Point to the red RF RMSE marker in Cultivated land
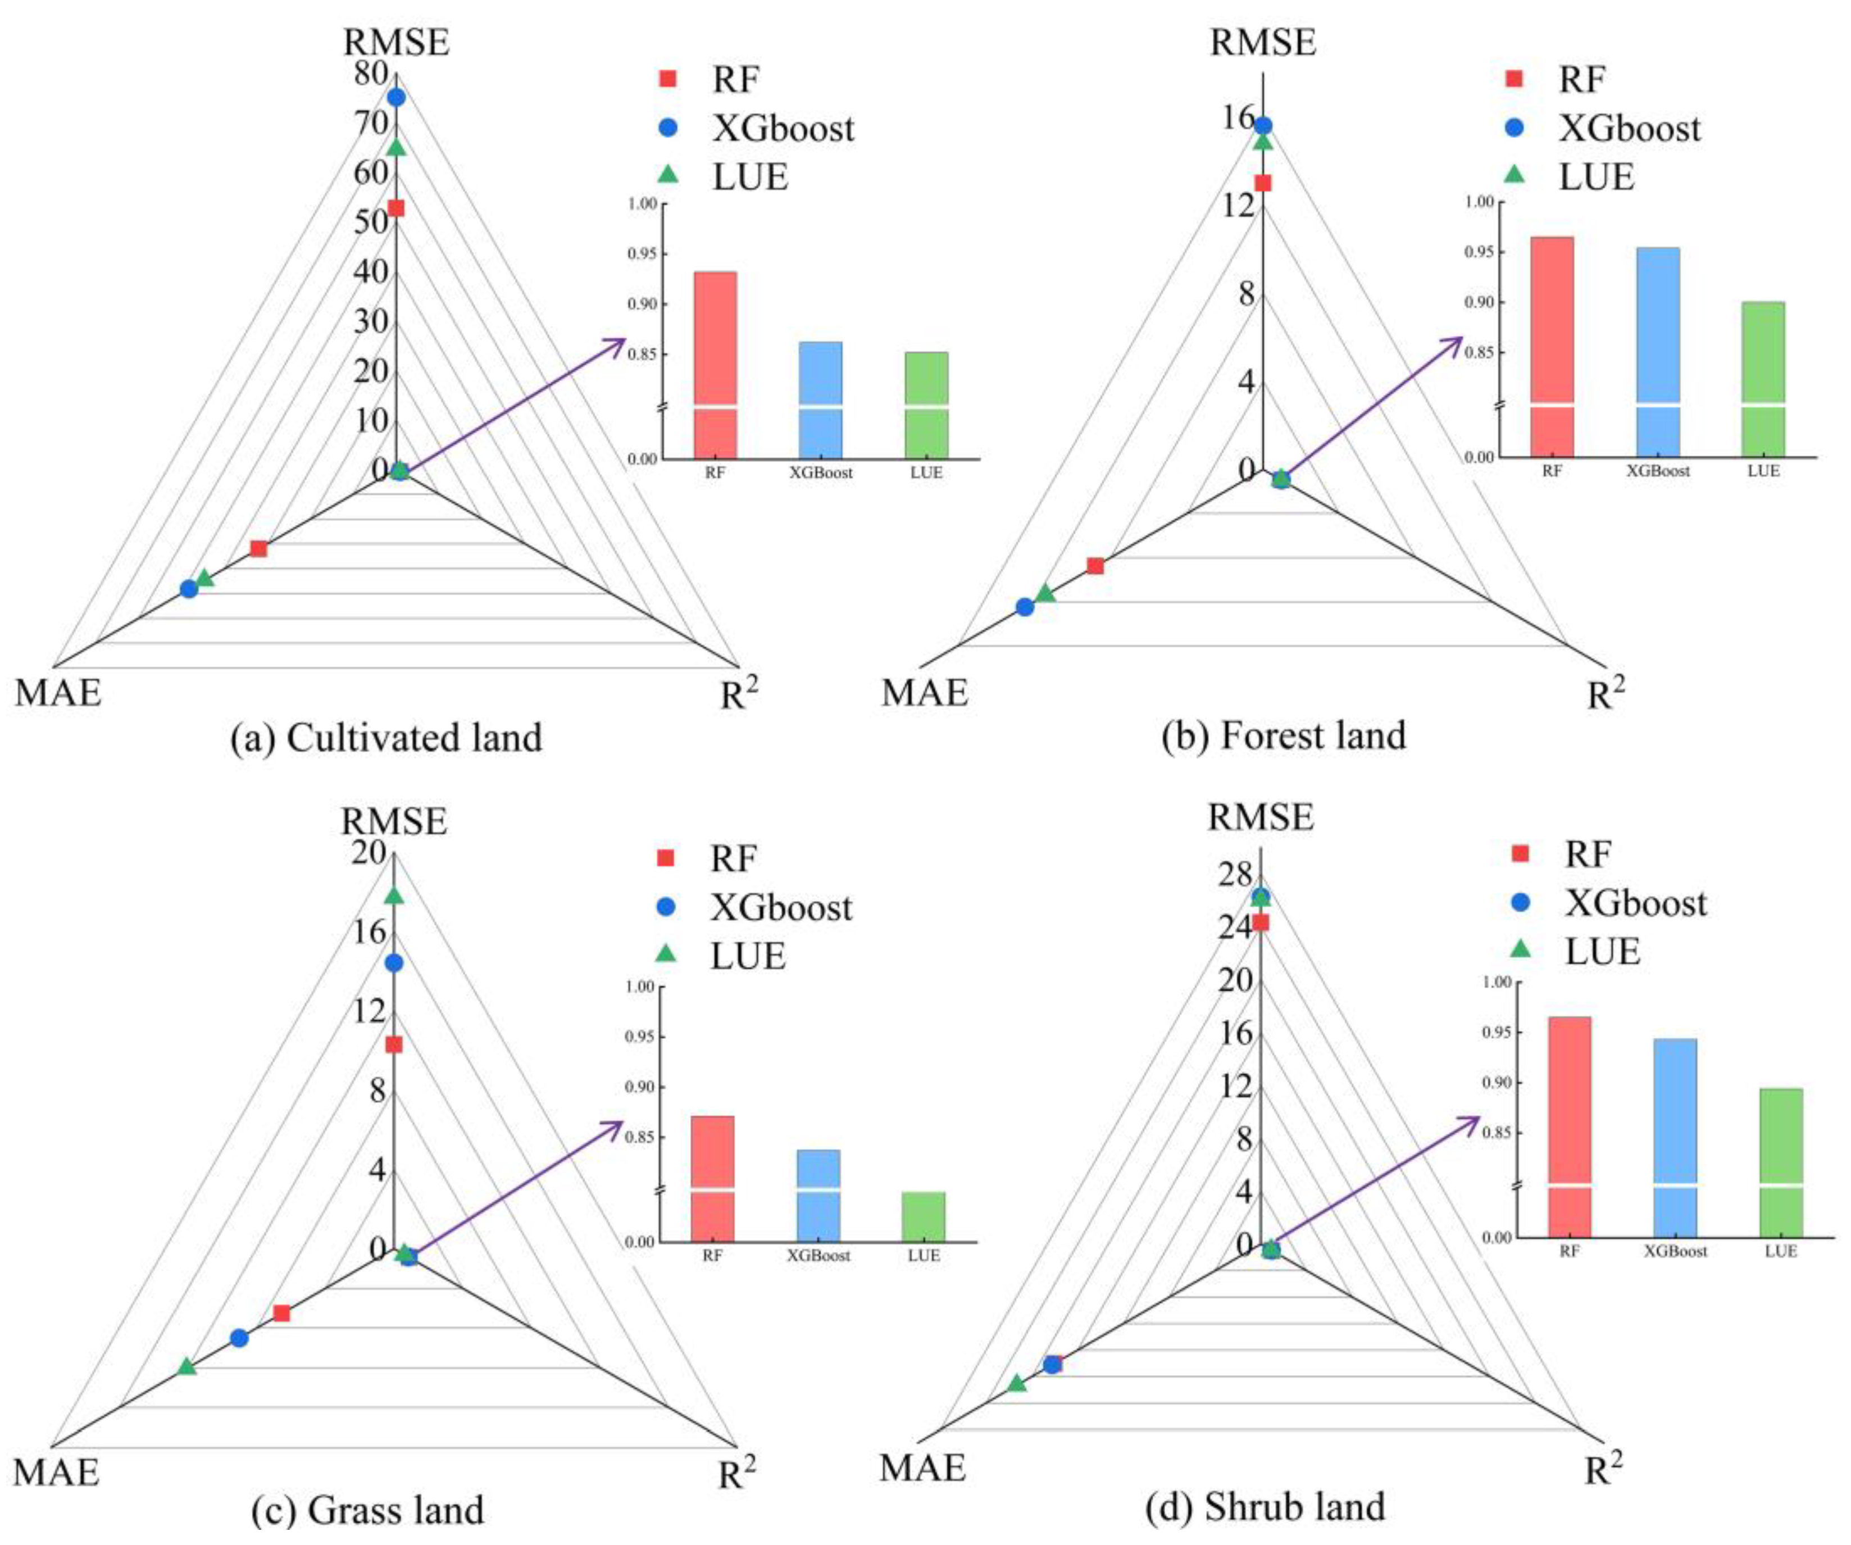(397, 208)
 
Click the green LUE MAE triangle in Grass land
(186, 1366)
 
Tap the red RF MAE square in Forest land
(1095, 566)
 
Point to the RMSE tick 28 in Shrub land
(1234, 875)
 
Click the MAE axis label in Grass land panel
(56, 1473)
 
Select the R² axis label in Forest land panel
(1606, 694)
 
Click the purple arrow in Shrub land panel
(1375, 1181)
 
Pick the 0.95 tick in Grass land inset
(640, 1037)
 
